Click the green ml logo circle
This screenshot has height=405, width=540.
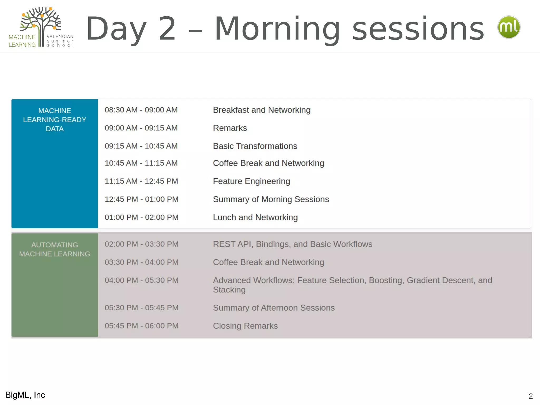[509, 27]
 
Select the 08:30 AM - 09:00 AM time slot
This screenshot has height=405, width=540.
[141, 110]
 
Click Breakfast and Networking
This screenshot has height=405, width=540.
[262, 110]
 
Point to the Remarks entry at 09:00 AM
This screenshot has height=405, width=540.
[230, 128]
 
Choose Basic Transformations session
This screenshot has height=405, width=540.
[255, 146]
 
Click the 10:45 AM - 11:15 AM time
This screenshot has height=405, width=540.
[141, 163]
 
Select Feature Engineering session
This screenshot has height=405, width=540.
[251, 181]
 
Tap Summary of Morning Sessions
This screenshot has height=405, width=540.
[271, 199]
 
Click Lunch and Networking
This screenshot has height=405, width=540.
[255, 218]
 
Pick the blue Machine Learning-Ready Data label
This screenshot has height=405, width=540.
[55, 120]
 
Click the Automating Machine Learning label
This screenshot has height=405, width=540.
[55, 249]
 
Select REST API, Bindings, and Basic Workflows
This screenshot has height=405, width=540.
[292, 244]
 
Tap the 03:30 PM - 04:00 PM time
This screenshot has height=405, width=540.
[141, 262]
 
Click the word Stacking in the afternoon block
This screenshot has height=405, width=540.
[229, 290]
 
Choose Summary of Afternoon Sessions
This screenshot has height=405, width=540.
[274, 308]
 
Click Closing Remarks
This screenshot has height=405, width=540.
[245, 326]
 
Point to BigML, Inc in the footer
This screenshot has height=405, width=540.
[25, 395]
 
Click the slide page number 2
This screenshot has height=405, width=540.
[531, 396]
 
